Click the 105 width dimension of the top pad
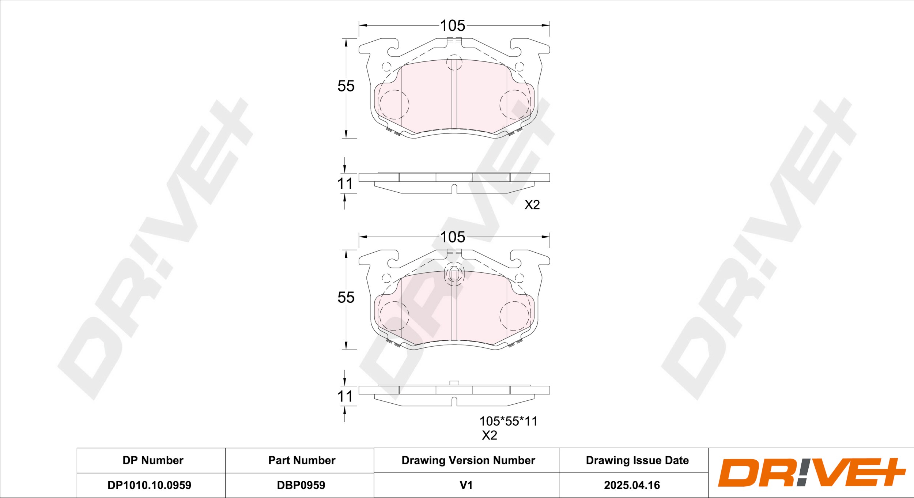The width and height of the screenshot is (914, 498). [x=453, y=26]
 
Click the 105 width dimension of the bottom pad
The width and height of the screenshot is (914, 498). [x=453, y=237]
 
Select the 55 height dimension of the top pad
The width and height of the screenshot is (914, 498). [x=346, y=86]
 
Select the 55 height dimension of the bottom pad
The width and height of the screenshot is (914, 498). [x=346, y=298]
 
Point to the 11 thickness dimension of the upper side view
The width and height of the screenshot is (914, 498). [x=345, y=184]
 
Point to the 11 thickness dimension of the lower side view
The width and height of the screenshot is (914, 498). [x=345, y=396]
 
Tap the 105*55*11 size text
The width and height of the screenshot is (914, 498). [x=508, y=421]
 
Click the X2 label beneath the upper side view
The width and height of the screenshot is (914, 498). [x=532, y=205]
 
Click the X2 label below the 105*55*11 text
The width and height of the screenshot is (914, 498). [x=490, y=435]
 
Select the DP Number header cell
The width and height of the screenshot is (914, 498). [x=153, y=460]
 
